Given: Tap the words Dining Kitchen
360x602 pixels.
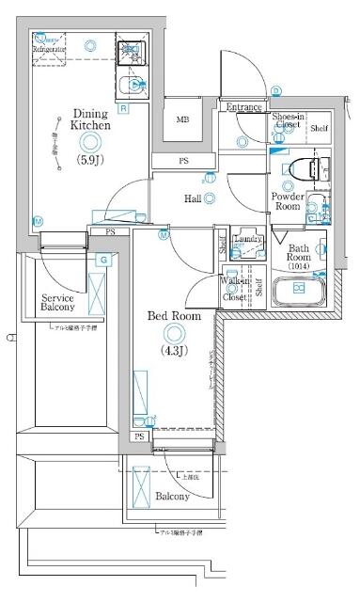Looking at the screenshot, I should click(92, 119).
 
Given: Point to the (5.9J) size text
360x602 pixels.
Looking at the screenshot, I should click(90, 161).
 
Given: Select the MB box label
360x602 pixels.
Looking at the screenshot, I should click(183, 119).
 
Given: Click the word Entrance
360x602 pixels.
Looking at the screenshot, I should click(243, 107).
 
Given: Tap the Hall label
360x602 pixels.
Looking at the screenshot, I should click(193, 198).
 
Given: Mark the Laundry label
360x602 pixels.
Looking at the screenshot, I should click(247, 239).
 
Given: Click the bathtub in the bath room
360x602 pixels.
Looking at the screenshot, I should click(298, 290).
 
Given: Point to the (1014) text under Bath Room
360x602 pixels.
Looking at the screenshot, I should click(299, 267).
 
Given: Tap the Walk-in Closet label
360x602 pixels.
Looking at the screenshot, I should click(235, 289).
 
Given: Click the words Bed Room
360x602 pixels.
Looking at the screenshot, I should click(174, 317).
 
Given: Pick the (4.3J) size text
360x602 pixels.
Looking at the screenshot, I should click(174, 352).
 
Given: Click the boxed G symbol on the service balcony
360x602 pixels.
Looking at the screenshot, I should click(103, 259).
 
